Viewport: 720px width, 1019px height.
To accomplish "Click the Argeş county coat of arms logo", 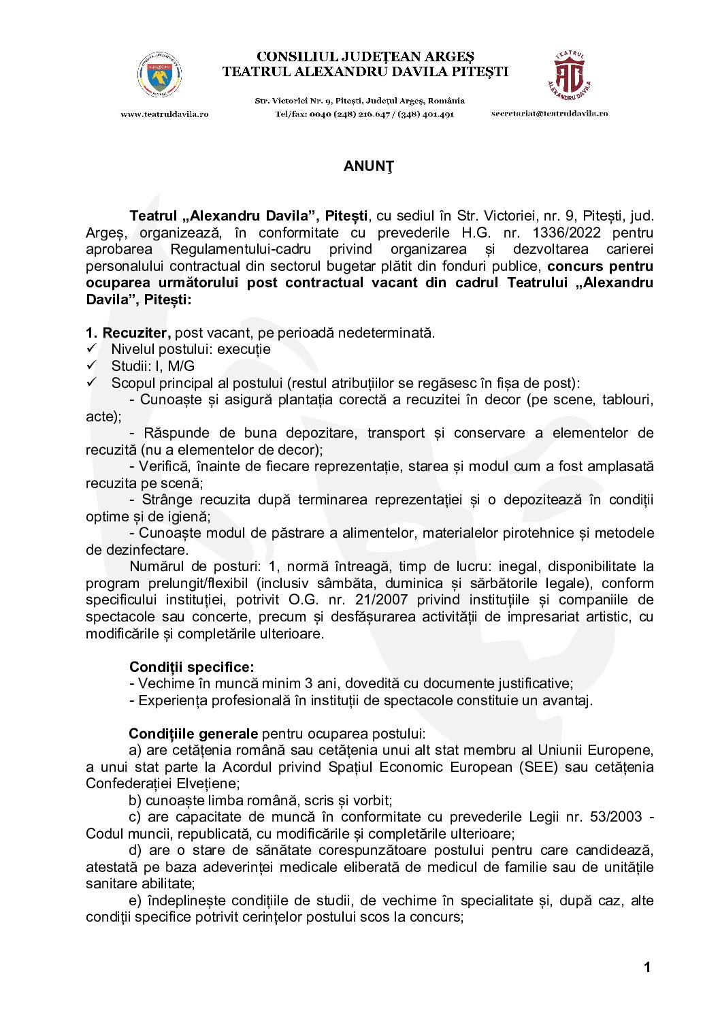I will click(159, 76).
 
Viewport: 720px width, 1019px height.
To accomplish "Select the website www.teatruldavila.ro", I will click(165, 114).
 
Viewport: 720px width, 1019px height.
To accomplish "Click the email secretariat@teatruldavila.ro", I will click(549, 114).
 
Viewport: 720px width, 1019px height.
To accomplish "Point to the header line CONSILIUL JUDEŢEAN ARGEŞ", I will click(365, 56).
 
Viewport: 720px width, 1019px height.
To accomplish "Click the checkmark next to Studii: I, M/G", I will click(92, 366).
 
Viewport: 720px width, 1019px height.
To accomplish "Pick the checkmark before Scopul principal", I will click(92, 383).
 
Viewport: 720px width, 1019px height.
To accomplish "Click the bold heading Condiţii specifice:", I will click(191, 667).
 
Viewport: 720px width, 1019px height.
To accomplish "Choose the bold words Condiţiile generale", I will click(193, 734).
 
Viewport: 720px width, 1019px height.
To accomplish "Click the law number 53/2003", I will click(616, 817).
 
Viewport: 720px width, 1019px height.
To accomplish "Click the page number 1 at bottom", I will click(647, 967).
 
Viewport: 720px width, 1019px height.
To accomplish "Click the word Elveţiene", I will click(187, 783).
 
